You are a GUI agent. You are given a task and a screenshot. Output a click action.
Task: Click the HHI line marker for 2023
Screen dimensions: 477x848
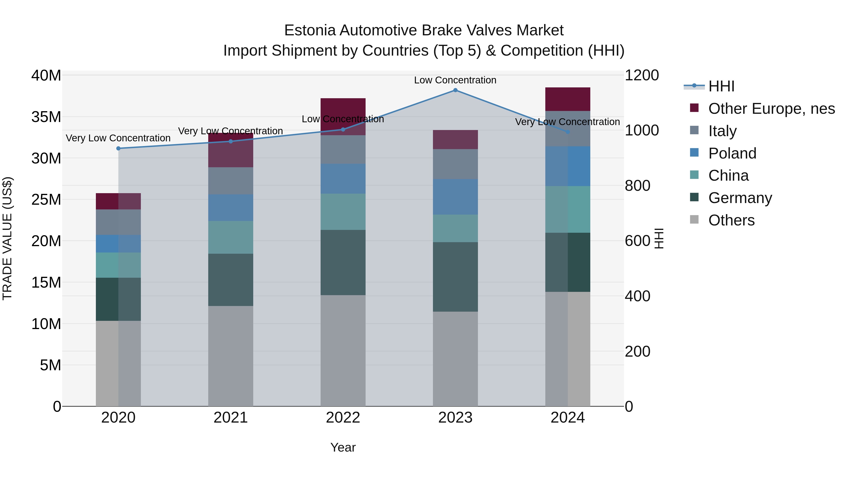coord(455,90)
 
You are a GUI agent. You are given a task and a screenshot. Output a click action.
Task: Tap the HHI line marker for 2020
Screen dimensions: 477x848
coord(118,148)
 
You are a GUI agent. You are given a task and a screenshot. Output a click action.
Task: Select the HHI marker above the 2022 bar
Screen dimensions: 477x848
coord(343,129)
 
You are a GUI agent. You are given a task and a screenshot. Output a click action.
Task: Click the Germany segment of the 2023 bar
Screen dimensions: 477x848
coord(455,277)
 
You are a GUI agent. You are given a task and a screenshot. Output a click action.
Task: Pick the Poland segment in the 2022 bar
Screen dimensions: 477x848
coord(343,179)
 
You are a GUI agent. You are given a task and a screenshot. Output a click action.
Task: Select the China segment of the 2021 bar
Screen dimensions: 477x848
coord(230,237)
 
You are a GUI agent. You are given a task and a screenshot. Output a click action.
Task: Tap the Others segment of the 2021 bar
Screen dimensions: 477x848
coord(230,356)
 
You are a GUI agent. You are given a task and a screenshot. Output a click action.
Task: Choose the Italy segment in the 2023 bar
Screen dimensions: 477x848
coord(455,164)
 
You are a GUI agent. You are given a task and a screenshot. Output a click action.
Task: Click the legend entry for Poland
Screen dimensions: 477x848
coord(732,153)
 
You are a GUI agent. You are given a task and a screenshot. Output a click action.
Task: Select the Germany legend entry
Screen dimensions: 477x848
coord(740,198)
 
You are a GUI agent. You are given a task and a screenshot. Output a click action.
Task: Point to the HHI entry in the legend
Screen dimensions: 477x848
coord(721,86)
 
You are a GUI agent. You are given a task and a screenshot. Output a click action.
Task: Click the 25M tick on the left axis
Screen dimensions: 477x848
coord(46,200)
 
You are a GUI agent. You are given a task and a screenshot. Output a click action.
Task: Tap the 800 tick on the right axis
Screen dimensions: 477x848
coord(638,186)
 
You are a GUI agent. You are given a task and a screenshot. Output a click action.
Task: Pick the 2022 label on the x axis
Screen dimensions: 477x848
coord(343,418)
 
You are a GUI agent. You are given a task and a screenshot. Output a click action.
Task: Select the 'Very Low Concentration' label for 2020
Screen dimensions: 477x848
coord(118,138)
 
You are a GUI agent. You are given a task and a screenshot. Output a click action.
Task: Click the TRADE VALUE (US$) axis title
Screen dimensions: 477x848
coord(7,238)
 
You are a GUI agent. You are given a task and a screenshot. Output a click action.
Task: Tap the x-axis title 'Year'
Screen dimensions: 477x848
coord(343,447)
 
